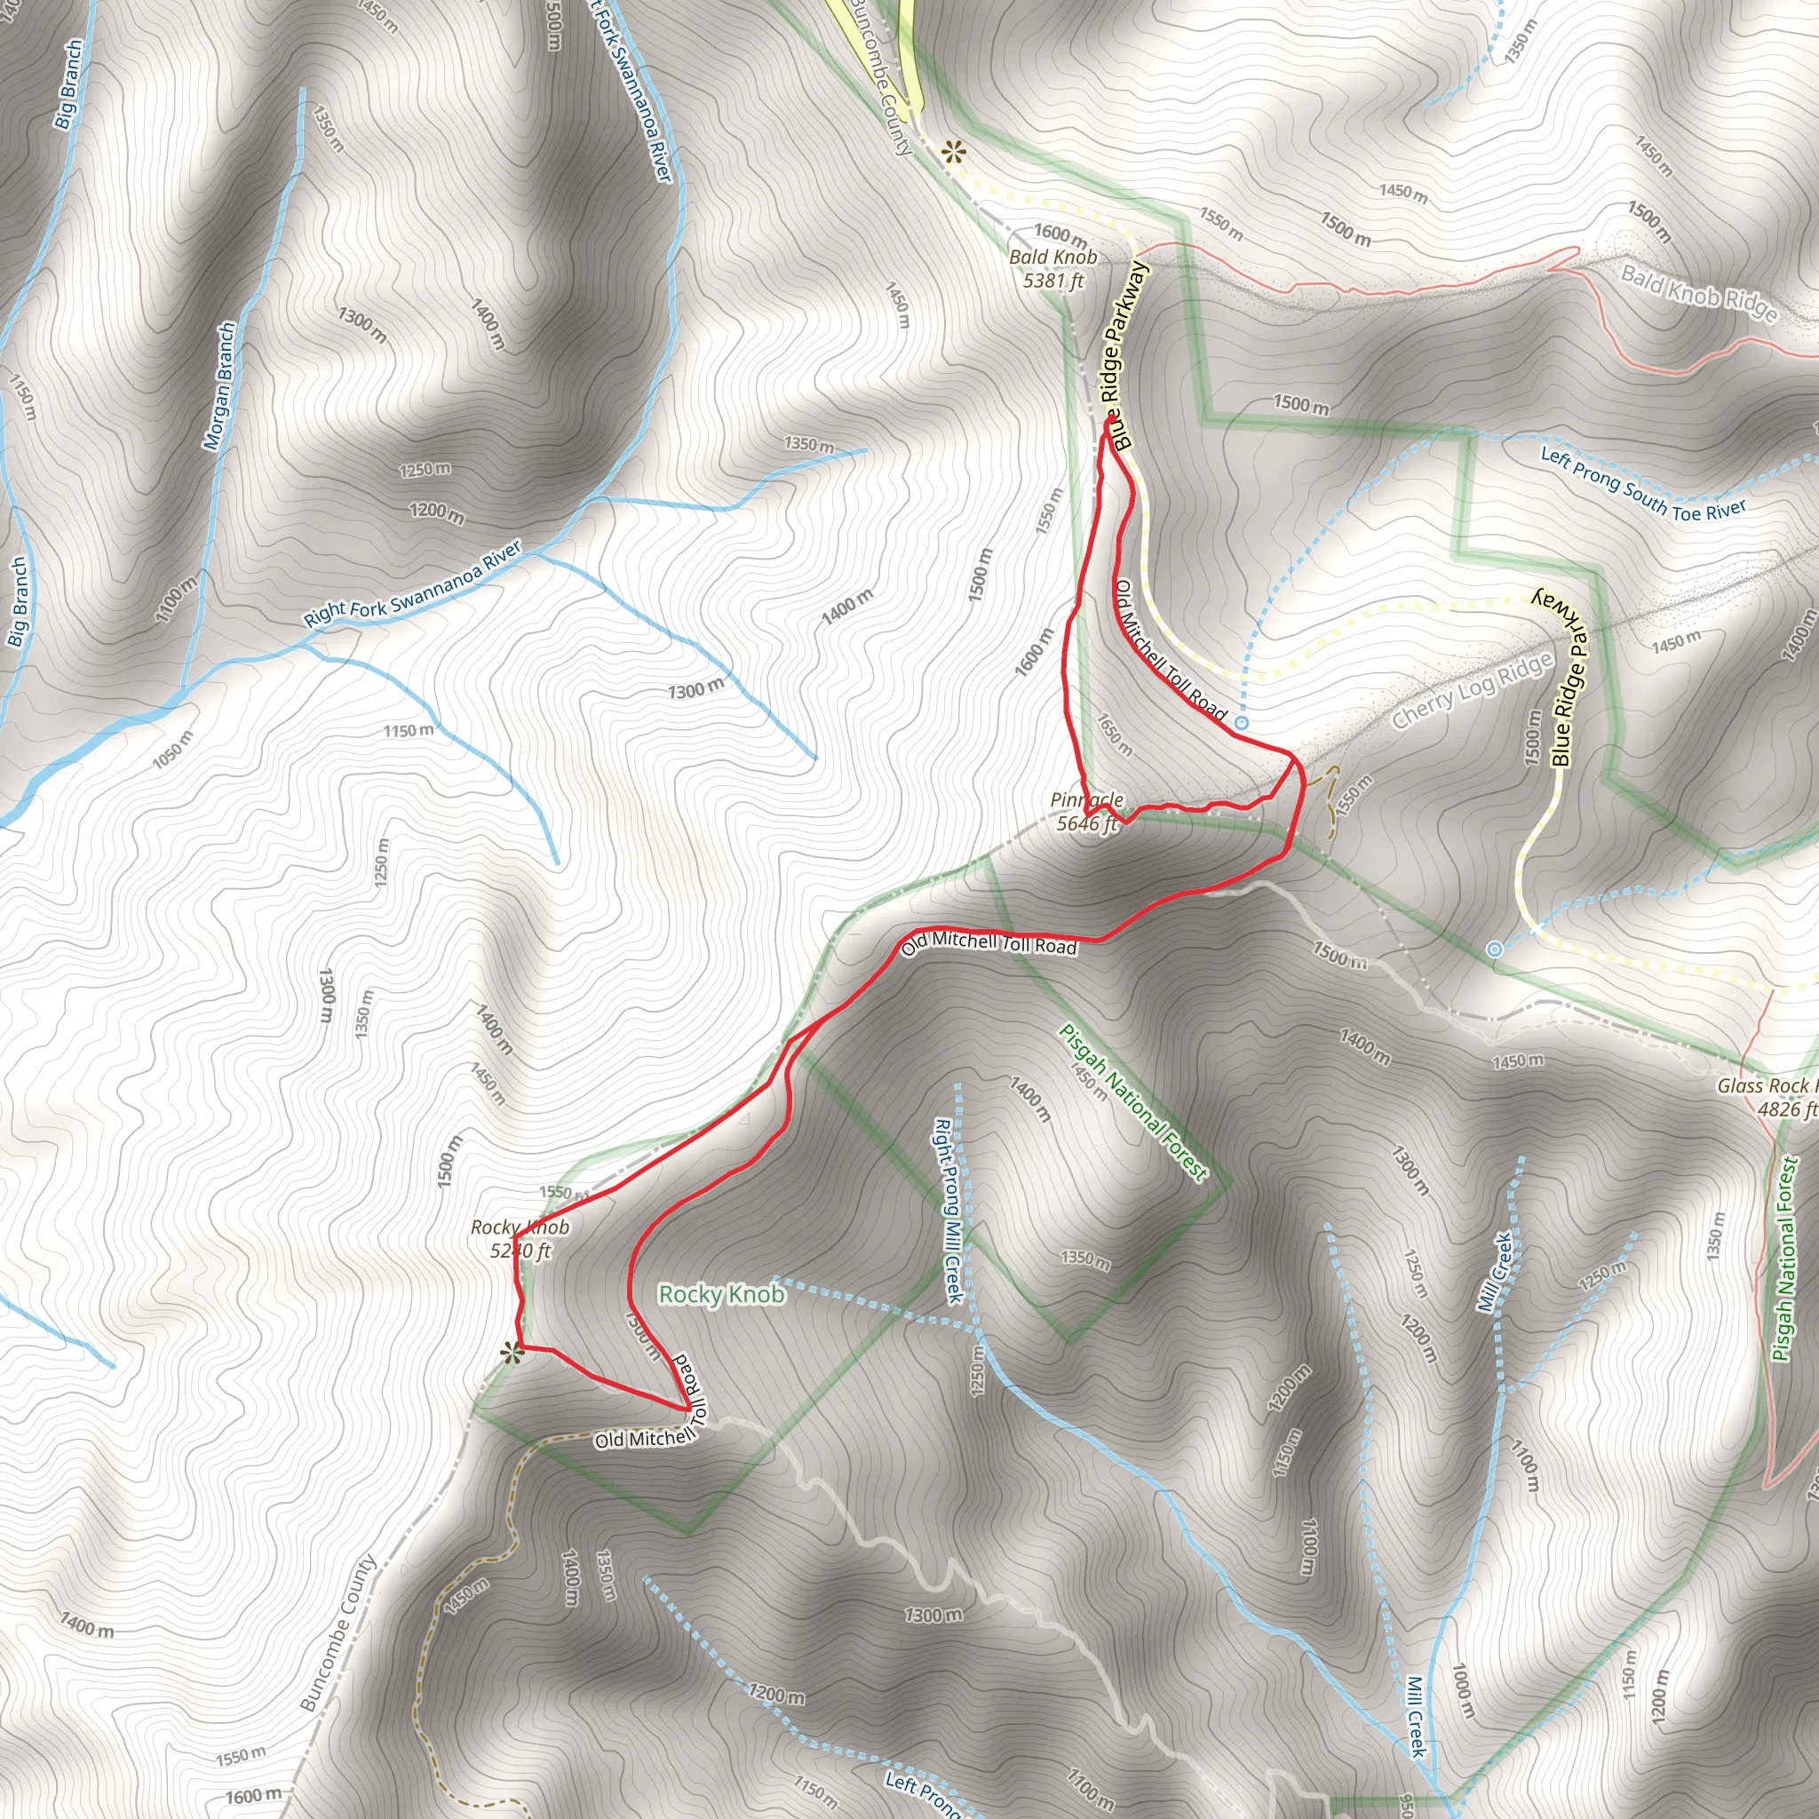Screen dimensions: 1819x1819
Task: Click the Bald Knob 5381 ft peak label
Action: coord(1052,268)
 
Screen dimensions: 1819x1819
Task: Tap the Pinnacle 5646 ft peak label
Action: coord(1086,812)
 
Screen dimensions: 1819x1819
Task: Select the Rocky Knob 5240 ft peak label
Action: coord(520,1239)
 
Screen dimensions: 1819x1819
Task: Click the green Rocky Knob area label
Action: coord(721,1295)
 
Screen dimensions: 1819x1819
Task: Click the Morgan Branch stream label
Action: coord(220,386)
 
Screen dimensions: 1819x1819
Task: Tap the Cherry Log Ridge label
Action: coord(1473,691)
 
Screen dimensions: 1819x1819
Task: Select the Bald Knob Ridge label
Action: coord(1698,293)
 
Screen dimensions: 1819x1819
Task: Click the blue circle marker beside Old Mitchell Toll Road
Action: coord(1242,722)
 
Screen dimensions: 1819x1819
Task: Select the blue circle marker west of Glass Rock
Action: coord(1494,949)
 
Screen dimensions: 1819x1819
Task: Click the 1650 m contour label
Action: coord(1115,735)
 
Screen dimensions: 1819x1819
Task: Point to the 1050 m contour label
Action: coord(172,749)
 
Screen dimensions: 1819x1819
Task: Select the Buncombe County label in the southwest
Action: coord(338,1632)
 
